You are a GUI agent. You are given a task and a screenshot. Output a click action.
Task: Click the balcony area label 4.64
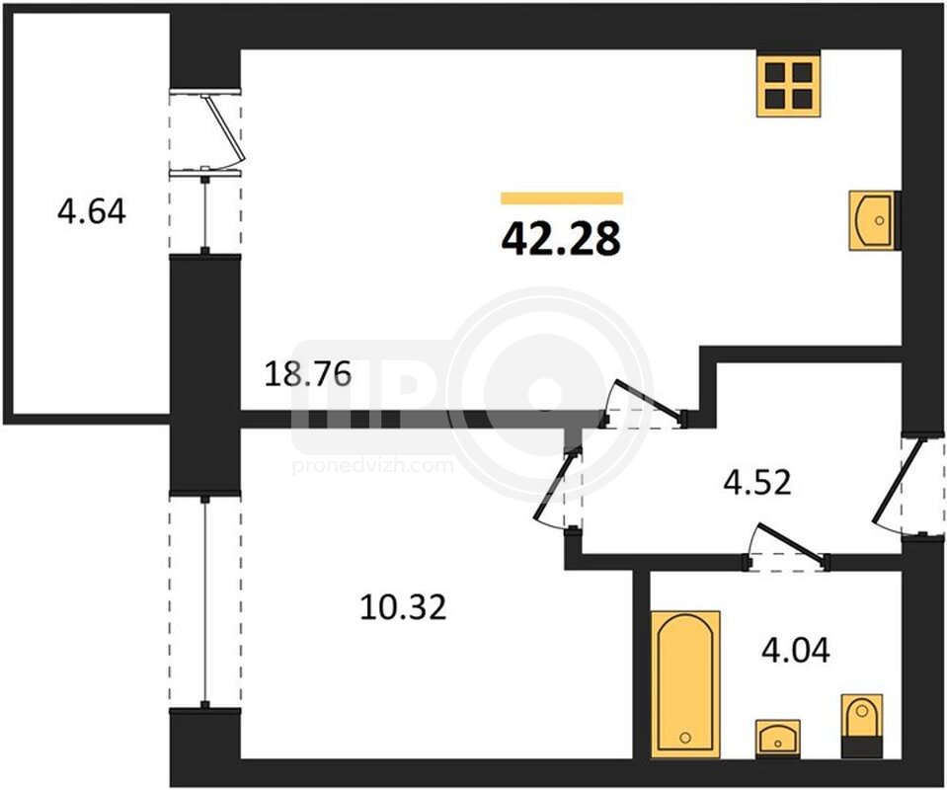[x=91, y=212]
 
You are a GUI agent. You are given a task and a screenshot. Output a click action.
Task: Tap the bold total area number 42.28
[x=561, y=238]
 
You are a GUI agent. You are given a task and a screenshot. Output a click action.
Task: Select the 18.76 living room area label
[x=308, y=374]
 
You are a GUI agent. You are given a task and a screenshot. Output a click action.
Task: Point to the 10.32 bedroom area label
[x=403, y=607]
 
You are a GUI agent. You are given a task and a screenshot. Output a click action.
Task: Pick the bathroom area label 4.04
[x=795, y=650]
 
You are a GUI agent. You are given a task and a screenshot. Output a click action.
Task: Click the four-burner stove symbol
[x=789, y=84]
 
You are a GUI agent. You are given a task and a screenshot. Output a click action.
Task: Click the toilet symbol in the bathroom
[x=861, y=726]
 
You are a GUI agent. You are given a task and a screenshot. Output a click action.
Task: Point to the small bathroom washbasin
[x=778, y=738]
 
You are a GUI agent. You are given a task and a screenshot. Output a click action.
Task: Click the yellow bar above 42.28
[x=562, y=198]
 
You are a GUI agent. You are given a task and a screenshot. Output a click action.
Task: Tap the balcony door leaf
[x=225, y=127]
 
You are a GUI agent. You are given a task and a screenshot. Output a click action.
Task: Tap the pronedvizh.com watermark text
[x=372, y=466]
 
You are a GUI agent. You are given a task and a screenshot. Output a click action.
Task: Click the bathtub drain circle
[x=685, y=738]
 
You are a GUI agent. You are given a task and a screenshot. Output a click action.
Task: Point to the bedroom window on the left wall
[x=205, y=601]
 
